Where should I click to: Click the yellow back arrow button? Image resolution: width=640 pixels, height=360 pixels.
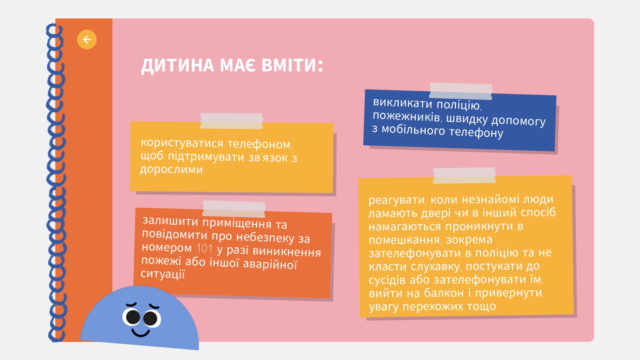[x=87, y=40]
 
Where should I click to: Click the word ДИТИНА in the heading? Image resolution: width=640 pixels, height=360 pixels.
[x=177, y=66]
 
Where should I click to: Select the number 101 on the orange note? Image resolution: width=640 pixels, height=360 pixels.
[x=204, y=249]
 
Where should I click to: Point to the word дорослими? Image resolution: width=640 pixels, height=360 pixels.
[x=171, y=169]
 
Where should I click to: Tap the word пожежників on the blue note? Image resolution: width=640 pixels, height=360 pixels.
[x=407, y=116]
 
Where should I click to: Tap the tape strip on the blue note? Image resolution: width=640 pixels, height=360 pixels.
[x=460, y=91]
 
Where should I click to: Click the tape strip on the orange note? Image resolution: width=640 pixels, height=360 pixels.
[x=234, y=209]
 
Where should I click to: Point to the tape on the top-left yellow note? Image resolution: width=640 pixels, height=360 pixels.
[x=231, y=121]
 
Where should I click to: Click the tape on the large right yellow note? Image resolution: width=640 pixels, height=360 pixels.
[x=464, y=175]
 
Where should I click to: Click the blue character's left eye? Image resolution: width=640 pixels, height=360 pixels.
[x=132, y=317]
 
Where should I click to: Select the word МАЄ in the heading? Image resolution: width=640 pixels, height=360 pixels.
[x=238, y=65]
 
